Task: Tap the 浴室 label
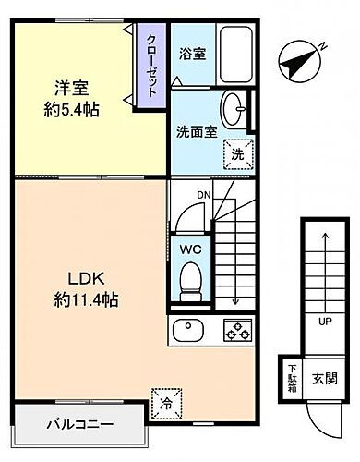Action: (191, 53)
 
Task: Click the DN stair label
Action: (203, 195)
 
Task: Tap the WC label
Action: (191, 249)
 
